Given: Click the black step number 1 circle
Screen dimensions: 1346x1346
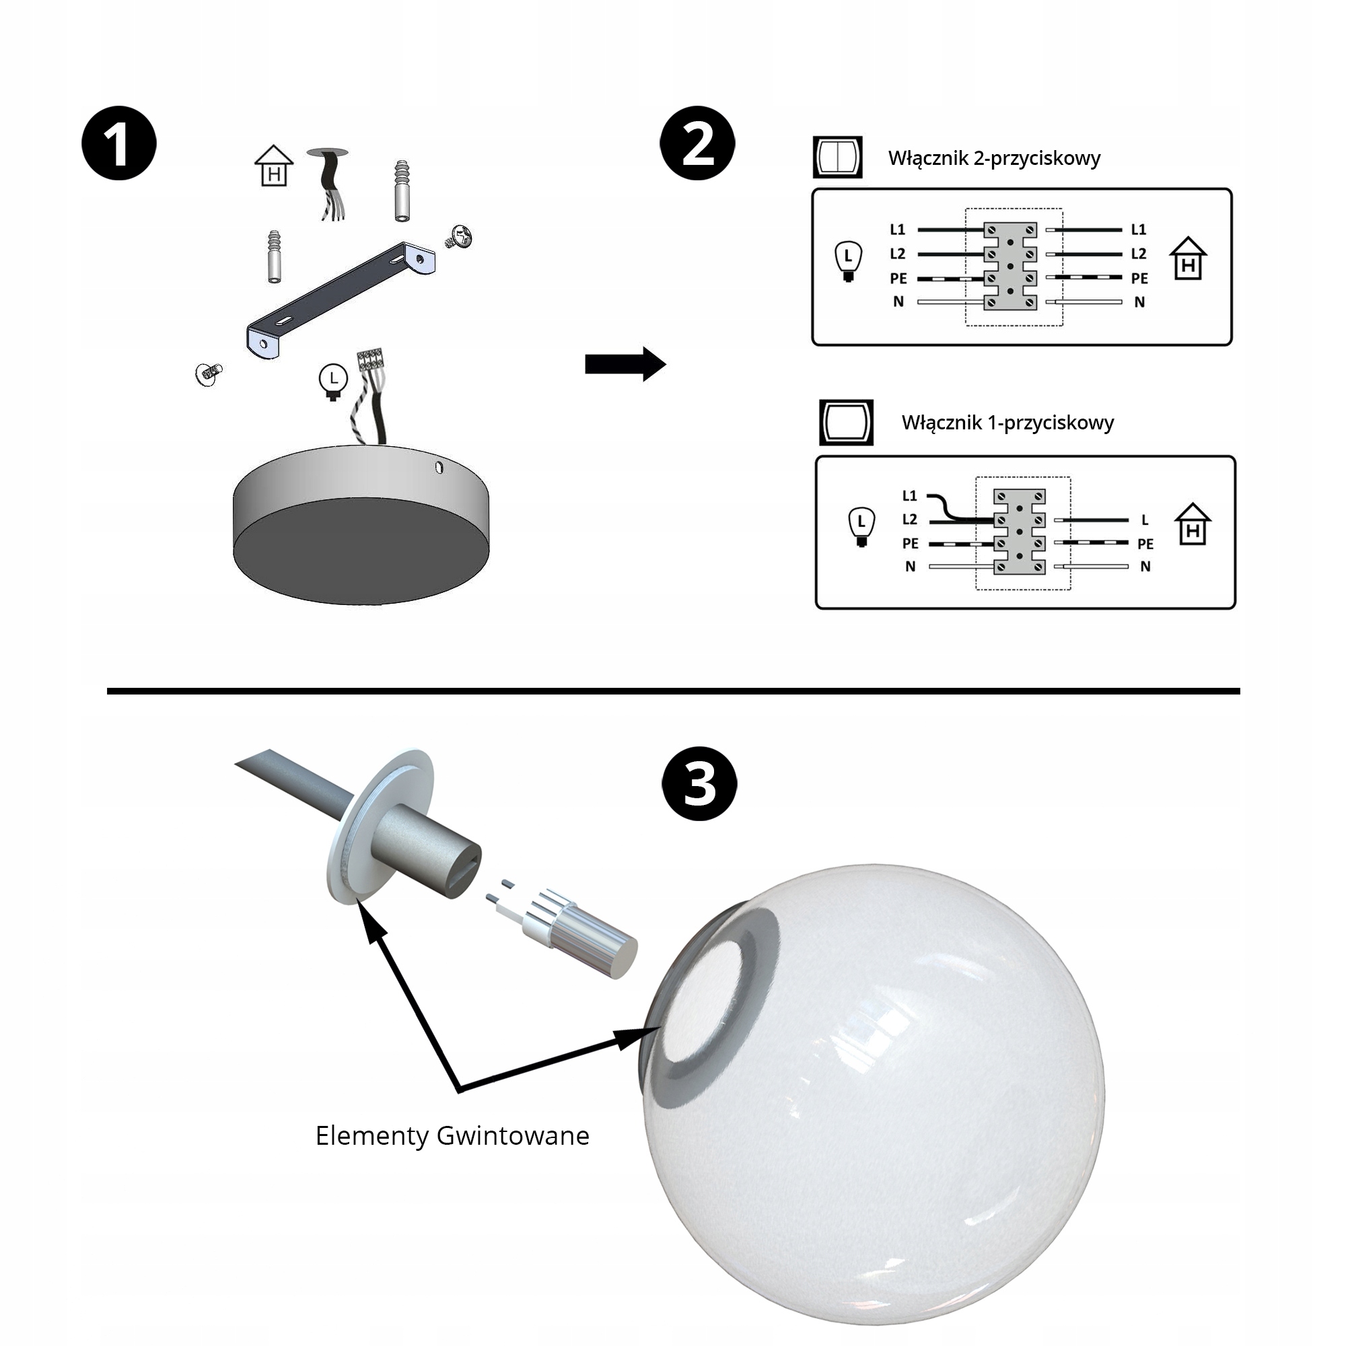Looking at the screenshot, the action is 119,143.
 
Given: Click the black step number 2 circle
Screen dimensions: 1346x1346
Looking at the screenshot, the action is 698,143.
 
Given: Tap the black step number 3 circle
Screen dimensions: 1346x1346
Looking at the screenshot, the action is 699,784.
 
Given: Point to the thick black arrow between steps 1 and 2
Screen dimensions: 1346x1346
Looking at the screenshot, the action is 626,363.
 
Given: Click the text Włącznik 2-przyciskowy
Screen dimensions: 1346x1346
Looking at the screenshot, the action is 994,159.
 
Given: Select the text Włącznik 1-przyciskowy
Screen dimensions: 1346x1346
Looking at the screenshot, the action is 1007,423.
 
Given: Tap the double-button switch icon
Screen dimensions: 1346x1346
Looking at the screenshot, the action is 837,157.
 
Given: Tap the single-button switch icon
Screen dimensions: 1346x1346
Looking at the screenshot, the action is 847,422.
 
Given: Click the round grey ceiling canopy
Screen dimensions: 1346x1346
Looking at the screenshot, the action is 361,525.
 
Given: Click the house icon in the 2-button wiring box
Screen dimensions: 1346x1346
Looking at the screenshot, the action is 1188,258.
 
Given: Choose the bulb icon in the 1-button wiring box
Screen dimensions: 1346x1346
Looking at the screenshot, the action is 862,527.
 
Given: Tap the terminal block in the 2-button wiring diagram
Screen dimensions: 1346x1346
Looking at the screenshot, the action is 1010,266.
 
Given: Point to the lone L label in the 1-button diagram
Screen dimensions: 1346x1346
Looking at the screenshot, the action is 1145,520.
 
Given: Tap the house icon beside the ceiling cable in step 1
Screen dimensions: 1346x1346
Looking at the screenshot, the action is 274,165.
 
